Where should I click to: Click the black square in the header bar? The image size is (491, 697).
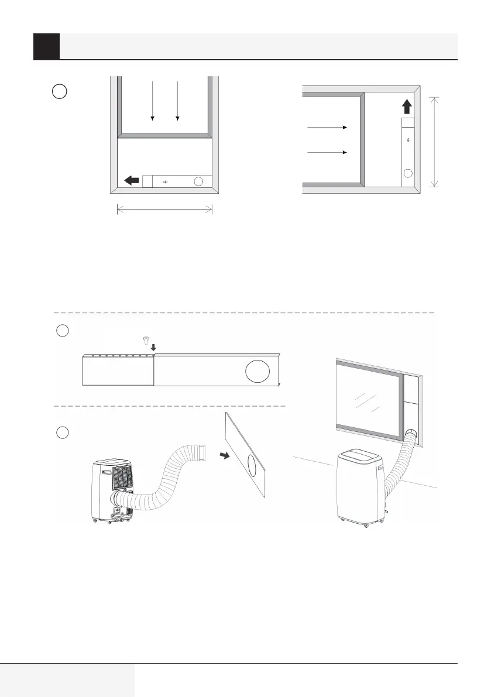point(46,46)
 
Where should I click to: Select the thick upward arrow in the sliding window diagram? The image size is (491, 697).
point(407,107)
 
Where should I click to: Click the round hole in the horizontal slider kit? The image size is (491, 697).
point(198,181)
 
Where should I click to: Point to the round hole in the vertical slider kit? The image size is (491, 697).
point(408,173)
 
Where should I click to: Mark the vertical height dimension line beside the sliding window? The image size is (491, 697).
point(434,142)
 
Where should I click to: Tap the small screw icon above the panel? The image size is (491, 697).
point(146,340)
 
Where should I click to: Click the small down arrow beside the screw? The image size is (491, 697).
point(153,348)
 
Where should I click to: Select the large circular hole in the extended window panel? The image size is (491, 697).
point(258,372)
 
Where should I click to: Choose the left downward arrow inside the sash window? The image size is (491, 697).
point(152,101)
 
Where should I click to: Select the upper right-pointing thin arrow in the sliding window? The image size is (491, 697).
point(327,126)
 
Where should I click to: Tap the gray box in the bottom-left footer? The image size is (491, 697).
point(67,680)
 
